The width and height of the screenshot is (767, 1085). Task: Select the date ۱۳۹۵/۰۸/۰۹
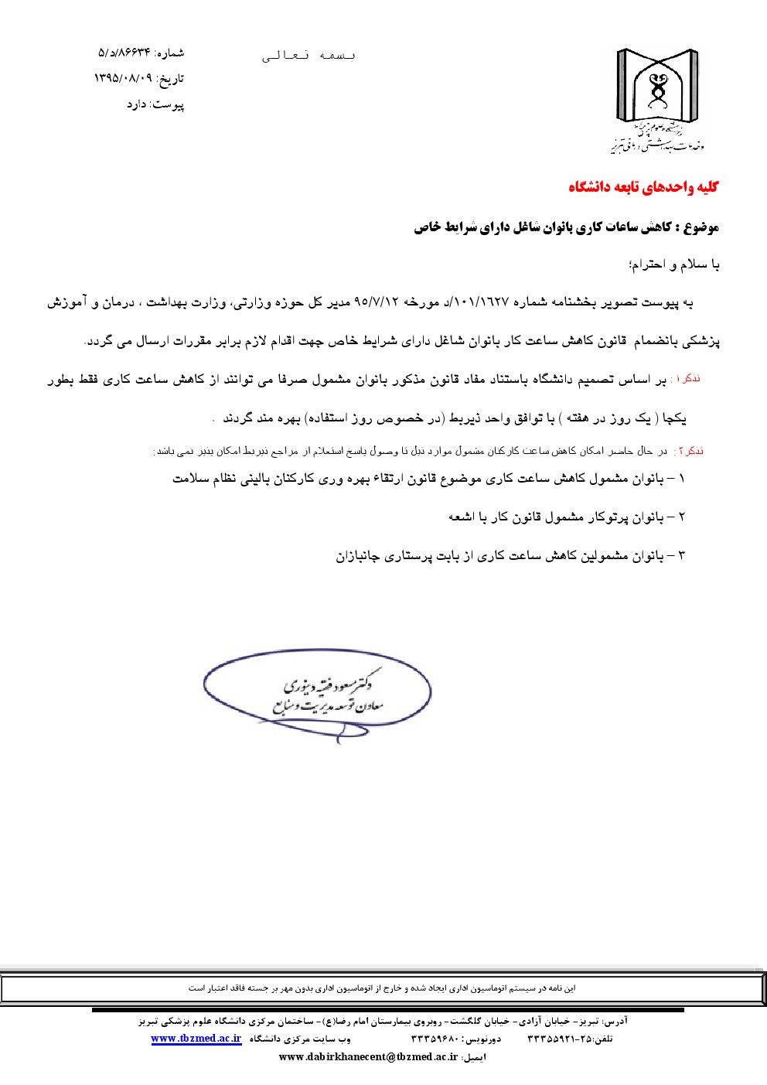click(123, 79)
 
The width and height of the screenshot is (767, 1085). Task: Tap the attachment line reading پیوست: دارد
click(155, 104)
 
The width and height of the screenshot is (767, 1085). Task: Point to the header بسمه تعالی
click(309, 55)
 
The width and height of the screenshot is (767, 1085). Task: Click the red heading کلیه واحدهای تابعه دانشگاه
click(643, 187)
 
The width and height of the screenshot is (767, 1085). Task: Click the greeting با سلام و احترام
click(674, 265)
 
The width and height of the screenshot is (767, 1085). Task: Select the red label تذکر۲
click(687, 451)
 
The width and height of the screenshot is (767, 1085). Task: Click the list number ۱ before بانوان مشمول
click(681, 479)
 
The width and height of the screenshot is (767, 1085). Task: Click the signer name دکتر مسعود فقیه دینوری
click(332, 684)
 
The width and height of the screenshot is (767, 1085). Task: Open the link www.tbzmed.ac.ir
click(196, 1039)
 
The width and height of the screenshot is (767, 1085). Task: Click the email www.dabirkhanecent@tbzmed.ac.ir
click(368, 1057)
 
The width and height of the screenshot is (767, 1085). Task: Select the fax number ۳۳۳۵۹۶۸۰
click(435, 1039)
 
